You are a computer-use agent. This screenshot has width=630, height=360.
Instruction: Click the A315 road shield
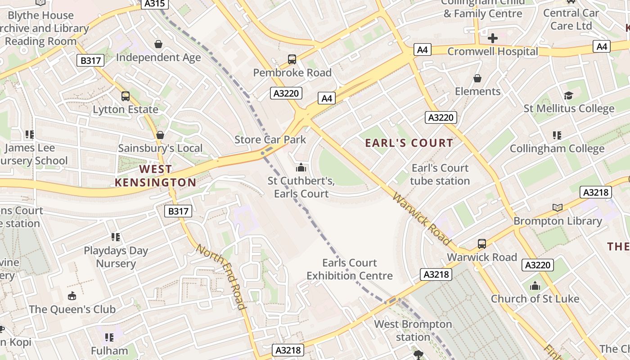click(x=155, y=4)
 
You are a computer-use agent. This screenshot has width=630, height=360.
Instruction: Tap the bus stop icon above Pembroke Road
click(x=292, y=59)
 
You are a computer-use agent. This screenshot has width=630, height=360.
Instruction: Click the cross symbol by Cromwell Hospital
click(x=493, y=38)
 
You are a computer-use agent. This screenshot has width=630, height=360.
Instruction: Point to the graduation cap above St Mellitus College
click(x=568, y=95)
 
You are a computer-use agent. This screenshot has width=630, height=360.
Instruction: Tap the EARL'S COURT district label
click(x=409, y=143)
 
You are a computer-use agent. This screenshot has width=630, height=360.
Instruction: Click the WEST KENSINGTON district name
click(x=155, y=176)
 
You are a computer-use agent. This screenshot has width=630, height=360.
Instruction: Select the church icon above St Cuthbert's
click(x=301, y=168)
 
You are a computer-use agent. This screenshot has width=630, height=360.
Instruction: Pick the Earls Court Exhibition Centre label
click(x=350, y=269)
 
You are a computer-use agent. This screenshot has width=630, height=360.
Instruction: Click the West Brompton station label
click(x=413, y=330)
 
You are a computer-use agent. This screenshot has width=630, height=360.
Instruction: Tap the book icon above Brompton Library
click(x=558, y=207)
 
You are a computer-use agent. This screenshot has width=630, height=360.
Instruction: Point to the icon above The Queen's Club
click(x=72, y=296)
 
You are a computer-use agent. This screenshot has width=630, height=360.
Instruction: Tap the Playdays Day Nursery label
click(x=116, y=257)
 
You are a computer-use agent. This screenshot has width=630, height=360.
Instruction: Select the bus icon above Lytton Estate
click(x=126, y=96)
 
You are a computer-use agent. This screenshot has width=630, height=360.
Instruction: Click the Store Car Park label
click(x=270, y=139)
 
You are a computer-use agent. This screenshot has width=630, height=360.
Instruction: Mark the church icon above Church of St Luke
click(x=535, y=286)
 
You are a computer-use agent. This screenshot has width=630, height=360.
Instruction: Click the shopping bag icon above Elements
click(x=477, y=78)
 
